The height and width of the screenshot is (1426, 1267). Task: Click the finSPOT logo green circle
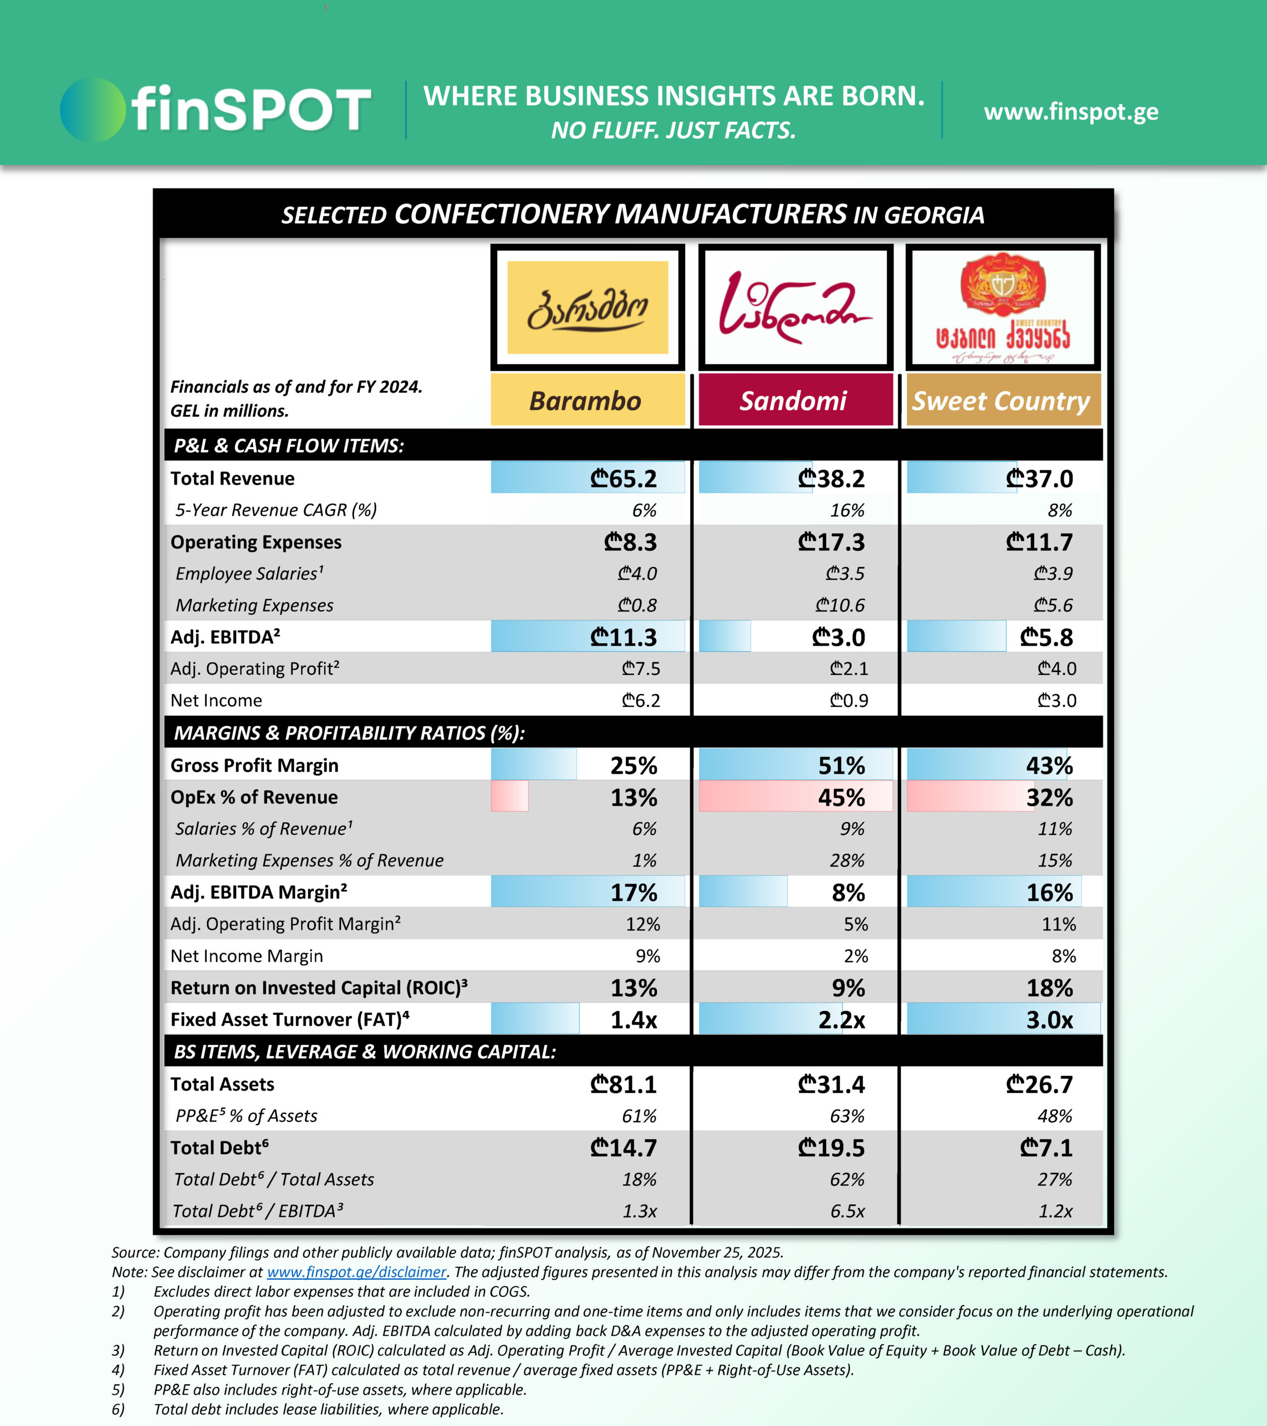92,110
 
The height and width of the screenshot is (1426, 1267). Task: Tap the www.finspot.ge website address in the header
1071,111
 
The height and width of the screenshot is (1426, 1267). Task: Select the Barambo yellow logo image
587,307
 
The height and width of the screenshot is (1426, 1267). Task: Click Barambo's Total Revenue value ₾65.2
623,478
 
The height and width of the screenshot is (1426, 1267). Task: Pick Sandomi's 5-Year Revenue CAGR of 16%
847,510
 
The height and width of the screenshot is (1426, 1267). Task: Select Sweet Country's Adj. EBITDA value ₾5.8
1046,637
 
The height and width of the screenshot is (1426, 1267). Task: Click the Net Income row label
216,700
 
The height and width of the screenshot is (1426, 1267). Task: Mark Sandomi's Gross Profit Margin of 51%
841,765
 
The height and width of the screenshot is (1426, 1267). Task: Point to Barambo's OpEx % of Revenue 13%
633,798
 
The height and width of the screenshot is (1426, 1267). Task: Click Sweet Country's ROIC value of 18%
1049,988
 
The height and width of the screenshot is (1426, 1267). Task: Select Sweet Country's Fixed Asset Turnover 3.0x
1049,1020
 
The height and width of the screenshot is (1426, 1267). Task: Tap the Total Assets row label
223,1084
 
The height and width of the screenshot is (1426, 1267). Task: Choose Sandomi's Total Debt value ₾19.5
831,1147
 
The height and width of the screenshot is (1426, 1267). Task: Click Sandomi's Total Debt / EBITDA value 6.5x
847,1211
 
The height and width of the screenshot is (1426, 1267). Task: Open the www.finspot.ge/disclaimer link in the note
356,1272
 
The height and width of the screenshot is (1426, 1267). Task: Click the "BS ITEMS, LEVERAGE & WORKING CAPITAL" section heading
365,1051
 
